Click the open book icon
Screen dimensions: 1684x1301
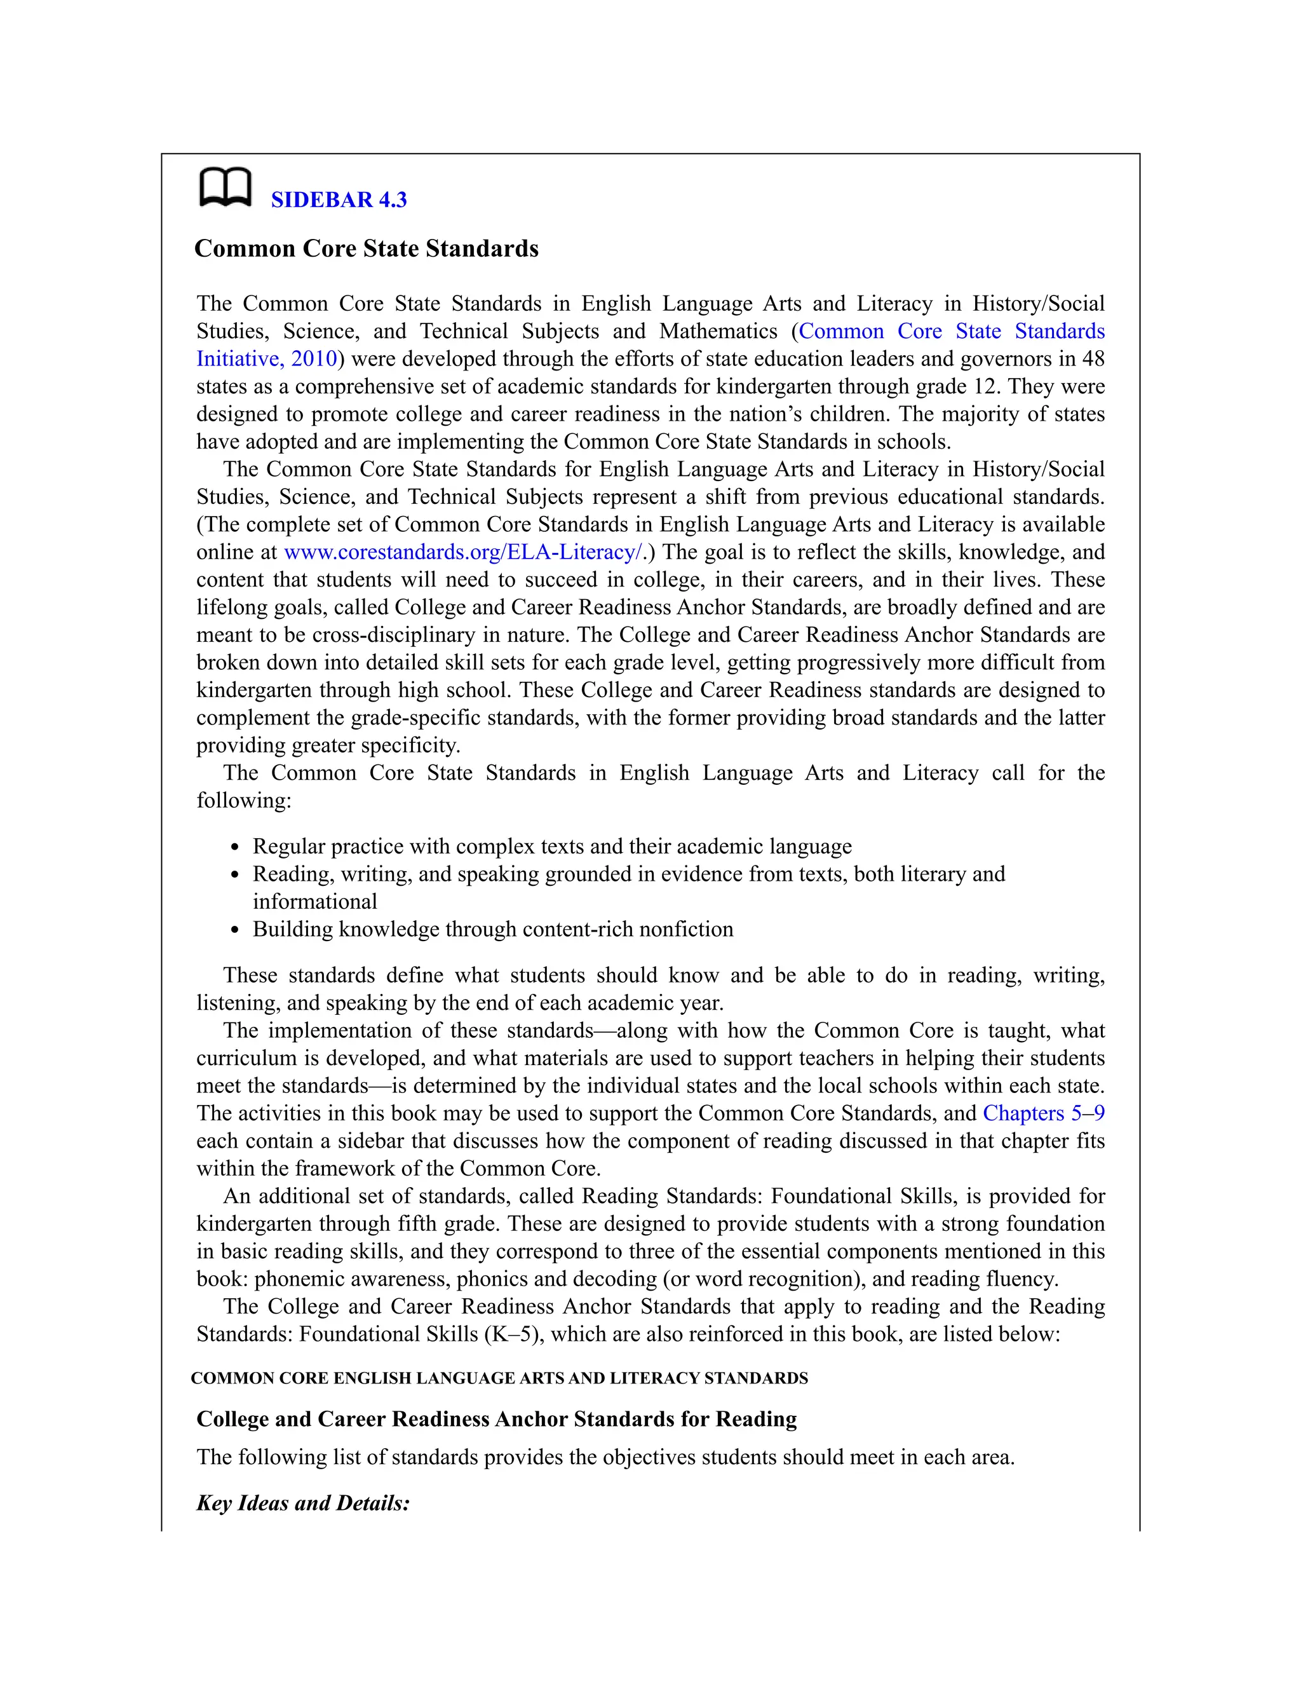click(x=225, y=187)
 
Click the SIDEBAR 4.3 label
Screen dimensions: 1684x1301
click(x=339, y=200)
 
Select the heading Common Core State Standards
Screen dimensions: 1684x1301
click(x=366, y=248)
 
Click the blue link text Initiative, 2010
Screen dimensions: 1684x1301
click(x=267, y=358)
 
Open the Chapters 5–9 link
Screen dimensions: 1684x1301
click(x=1043, y=1113)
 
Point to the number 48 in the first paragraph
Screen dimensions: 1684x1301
click(x=1092, y=358)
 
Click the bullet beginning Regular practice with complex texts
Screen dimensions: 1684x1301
click(x=552, y=846)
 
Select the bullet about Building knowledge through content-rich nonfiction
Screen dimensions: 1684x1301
click(x=492, y=929)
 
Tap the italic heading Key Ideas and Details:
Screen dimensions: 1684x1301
click(x=303, y=1503)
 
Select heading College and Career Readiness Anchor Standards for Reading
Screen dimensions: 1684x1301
click(x=496, y=1419)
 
